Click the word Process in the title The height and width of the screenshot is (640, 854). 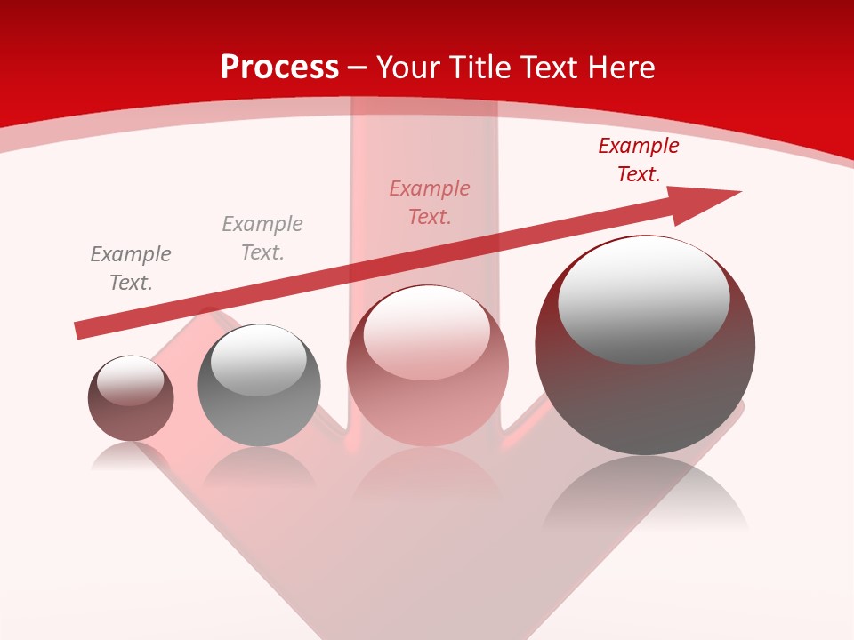(x=279, y=68)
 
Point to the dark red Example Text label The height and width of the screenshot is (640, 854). (x=639, y=160)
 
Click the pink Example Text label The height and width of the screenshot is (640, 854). (x=430, y=203)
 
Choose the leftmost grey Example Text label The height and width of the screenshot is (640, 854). (x=131, y=268)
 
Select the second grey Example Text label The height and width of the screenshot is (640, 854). (x=262, y=238)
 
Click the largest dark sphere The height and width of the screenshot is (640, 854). (x=645, y=391)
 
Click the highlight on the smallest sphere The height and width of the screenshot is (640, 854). (x=131, y=380)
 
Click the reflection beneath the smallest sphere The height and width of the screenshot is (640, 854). (x=130, y=457)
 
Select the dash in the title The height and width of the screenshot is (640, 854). (x=358, y=68)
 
